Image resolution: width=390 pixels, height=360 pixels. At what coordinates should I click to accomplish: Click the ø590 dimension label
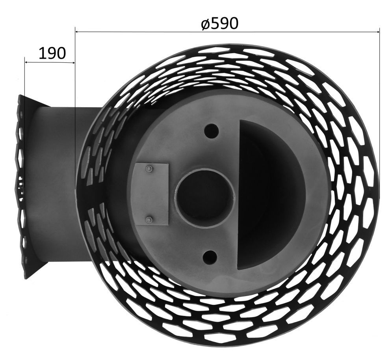point(220,24)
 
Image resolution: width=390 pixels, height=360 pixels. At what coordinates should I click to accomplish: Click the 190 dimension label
point(52,53)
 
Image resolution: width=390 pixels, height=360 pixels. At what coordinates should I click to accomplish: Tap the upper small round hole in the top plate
point(211,130)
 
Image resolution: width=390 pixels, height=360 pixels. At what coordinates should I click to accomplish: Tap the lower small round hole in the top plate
point(210,257)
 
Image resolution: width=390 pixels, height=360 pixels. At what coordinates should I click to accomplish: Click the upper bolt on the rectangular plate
point(149,168)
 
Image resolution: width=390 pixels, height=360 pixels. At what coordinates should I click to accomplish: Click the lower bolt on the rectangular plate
point(149,220)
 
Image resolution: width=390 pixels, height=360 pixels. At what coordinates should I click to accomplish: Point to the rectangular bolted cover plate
point(152,194)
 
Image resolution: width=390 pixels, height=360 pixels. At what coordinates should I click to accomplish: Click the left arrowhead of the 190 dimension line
point(27,62)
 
